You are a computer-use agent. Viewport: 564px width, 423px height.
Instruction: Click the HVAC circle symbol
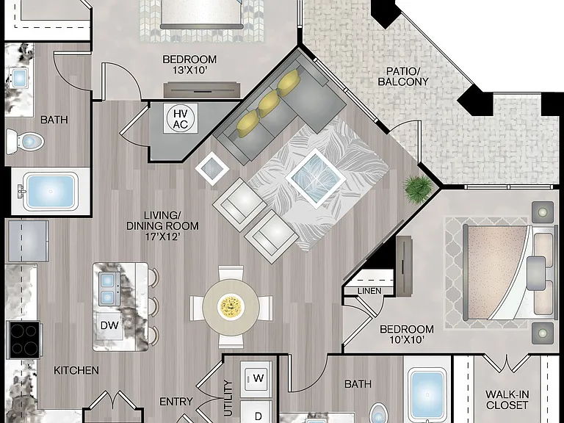point(181,119)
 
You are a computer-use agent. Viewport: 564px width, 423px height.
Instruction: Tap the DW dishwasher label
point(109,325)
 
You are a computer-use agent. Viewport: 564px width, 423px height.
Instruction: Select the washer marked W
point(256,377)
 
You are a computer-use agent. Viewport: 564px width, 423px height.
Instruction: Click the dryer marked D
point(256,412)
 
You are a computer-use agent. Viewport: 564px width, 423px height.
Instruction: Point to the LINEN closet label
point(369,291)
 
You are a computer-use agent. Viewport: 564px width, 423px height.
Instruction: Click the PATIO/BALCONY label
point(403,76)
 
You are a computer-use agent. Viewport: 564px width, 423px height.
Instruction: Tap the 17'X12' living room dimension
point(162,236)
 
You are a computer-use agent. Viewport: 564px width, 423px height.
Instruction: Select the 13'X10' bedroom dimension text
point(190,70)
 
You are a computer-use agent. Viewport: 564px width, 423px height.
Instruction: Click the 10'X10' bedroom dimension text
point(406,339)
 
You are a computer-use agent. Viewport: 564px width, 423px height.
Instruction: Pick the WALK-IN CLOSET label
point(507,399)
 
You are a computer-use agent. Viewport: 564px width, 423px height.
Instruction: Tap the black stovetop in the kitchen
point(24,340)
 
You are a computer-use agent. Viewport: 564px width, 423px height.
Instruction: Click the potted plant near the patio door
point(419,188)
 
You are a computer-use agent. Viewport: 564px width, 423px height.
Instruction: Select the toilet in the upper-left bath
point(25,141)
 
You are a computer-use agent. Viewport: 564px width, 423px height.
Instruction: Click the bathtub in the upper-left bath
point(51,192)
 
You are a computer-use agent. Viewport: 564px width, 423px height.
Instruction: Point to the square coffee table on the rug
point(316,178)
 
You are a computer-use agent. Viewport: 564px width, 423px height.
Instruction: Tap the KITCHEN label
point(76,370)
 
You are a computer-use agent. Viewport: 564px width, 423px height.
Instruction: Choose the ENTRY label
point(176,401)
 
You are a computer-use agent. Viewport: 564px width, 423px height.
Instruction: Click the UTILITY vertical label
point(229,398)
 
